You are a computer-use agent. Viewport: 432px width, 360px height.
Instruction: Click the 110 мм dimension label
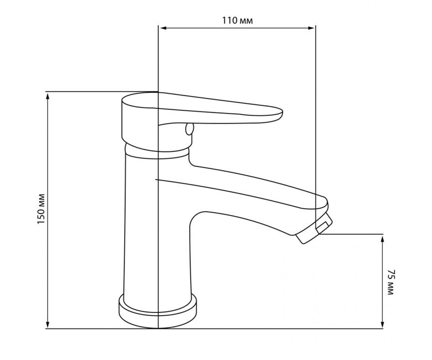pyautogui.click(x=237, y=21)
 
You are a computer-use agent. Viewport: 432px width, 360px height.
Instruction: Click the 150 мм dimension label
pyautogui.click(x=41, y=209)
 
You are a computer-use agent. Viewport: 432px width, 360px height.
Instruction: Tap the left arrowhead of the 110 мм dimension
pyautogui.click(x=163, y=28)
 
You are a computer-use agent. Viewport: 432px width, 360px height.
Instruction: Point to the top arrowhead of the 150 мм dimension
pyautogui.click(x=48, y=96)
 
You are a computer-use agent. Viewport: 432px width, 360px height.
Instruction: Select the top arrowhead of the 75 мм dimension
pyautogui.click(x=382, y=239)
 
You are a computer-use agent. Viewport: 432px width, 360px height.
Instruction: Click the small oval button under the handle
pyautogui.click(x=189, y=129)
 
